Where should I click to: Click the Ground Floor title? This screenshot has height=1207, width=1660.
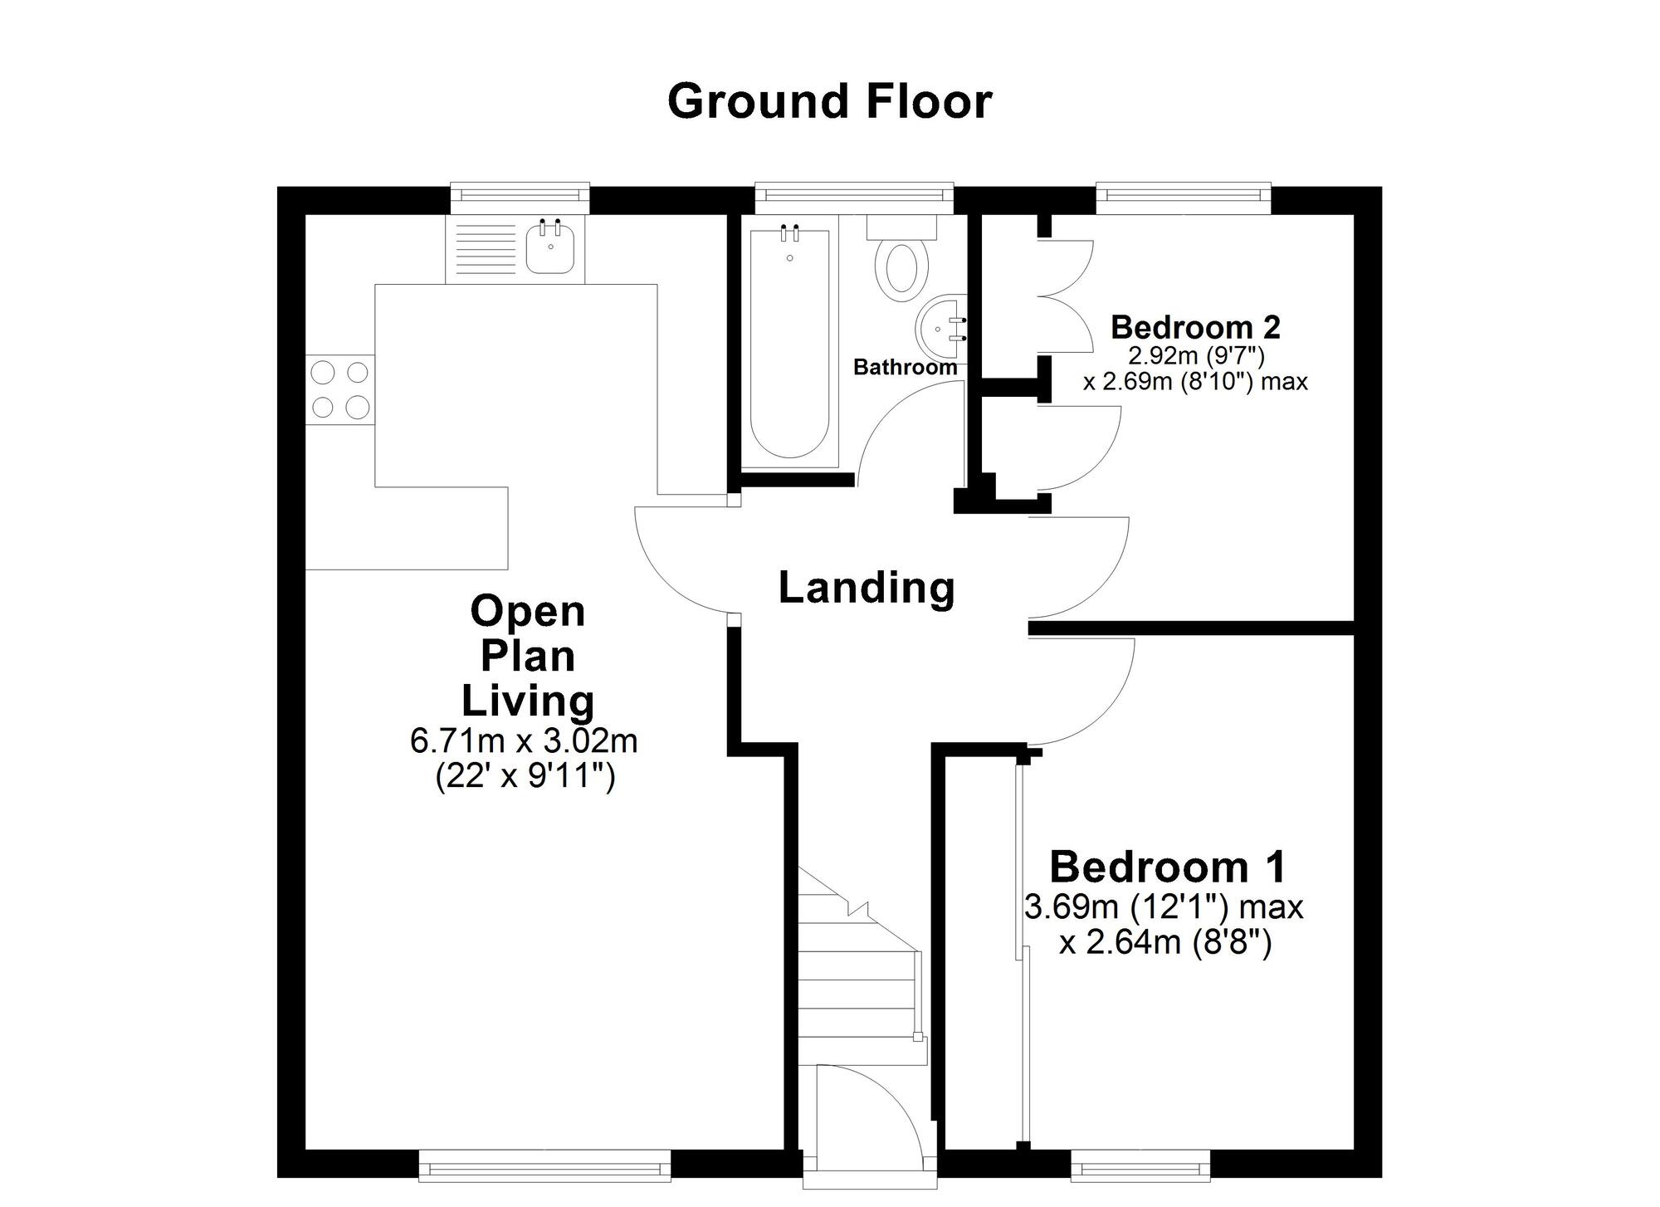tap(829, 101)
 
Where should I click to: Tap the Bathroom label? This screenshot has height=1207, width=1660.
tap(905, 366)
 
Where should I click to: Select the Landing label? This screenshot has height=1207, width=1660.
tap(867, 588)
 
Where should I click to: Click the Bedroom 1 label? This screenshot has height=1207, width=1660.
tap(1168, 867)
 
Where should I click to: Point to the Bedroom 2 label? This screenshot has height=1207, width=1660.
tap(1195, 327)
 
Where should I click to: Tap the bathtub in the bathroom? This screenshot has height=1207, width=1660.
tap(789, 343)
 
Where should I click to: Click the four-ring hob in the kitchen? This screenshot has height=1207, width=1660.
tap(339, 389)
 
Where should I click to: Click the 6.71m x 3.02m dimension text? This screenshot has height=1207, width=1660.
tap(524, 740)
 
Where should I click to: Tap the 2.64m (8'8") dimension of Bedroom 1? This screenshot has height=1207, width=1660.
tap(1165, 943)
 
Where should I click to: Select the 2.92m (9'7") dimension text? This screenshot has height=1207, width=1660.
tap(1195, 356)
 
